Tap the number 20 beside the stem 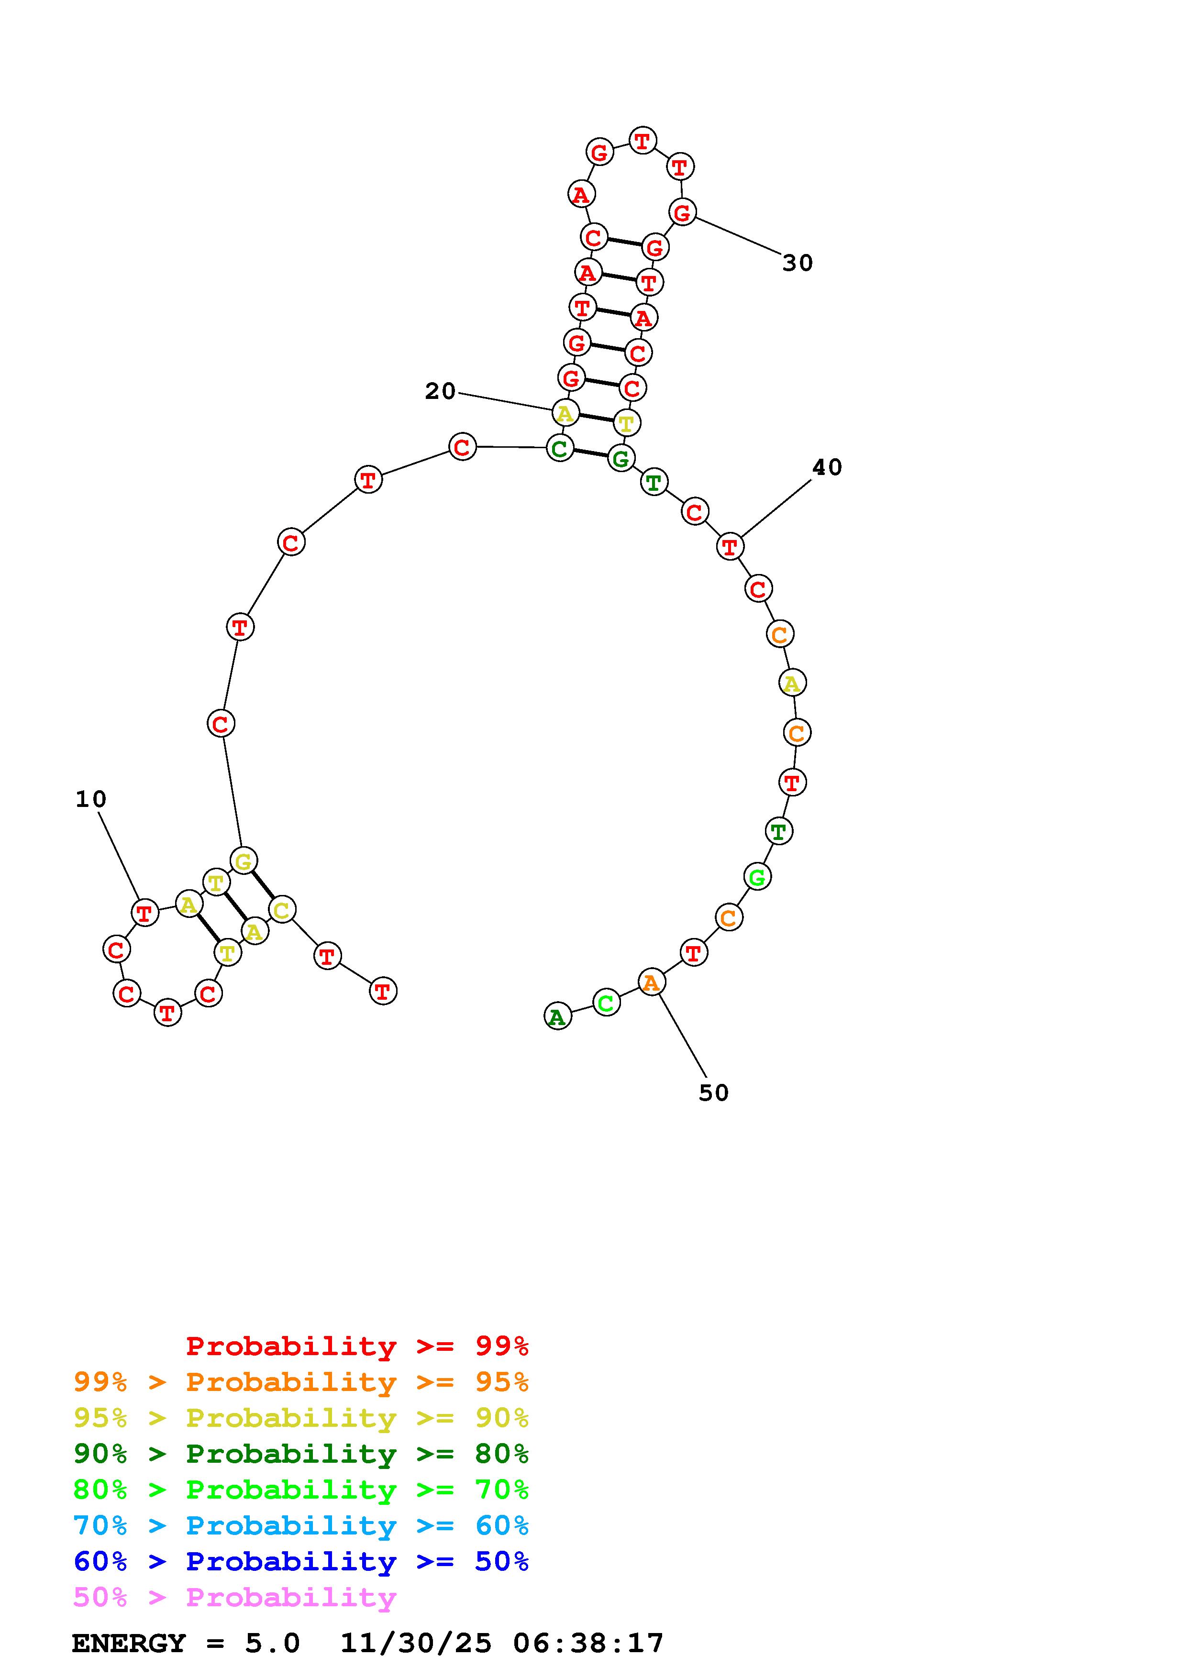440,392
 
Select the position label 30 797,263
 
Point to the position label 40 827,468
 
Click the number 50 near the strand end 714,1093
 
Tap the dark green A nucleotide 557,1016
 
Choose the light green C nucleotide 606,1003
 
